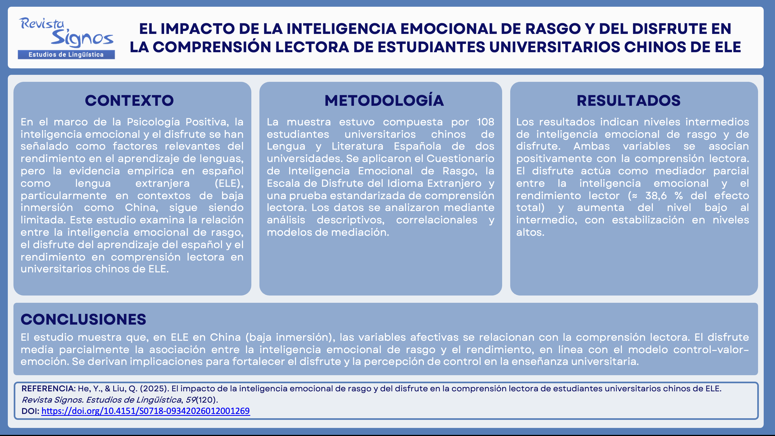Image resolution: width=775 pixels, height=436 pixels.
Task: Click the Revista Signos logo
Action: (66, 38)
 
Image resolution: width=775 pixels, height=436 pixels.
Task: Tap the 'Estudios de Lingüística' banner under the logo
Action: (66, 54)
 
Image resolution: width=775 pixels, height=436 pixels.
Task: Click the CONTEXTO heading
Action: (129, 100)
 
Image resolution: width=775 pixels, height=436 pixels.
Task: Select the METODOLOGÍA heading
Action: (384, 100)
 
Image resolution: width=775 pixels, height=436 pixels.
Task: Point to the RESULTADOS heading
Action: (629, 100)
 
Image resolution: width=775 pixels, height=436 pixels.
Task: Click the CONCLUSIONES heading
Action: (83, 319)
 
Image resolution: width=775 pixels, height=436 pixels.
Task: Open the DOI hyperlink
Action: (146, 411)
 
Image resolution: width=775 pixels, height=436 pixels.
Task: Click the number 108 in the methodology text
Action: (485, 122)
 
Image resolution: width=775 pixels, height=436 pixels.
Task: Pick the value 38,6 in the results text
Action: (656, 196)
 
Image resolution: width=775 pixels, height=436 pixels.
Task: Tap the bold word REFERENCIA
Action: (48, 388)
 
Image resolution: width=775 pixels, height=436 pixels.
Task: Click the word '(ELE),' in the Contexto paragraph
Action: (229, 183)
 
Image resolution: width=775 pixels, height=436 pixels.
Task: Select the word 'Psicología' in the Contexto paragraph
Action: (153, 122)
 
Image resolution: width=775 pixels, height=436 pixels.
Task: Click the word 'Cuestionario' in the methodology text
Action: (460, 159)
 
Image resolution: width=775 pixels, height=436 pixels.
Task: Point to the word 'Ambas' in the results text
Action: (591, 146)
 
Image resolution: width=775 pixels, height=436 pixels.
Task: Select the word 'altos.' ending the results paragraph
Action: (530, 232)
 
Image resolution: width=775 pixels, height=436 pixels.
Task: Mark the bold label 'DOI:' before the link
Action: (30, 411)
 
